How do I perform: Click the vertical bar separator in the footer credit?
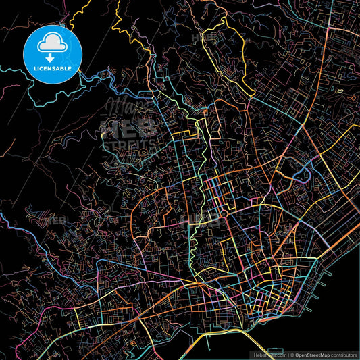point(286,355)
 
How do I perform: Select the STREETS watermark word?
point(129,143)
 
